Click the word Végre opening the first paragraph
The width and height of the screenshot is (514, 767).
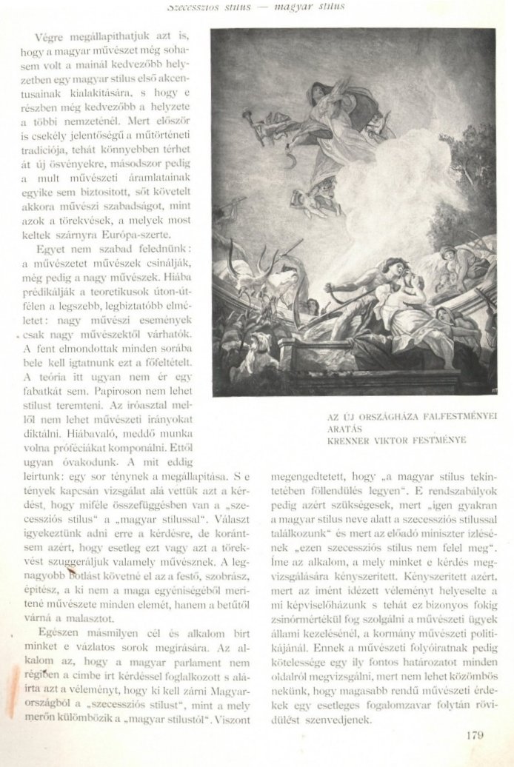pyautogui.click(x=48, y=37)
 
